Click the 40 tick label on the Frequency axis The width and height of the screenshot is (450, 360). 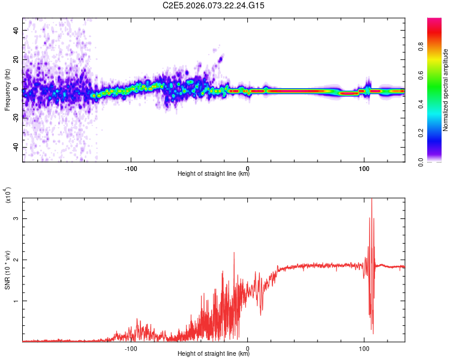tap(16, 30)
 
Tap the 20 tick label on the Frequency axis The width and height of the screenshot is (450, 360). tap(16, 59)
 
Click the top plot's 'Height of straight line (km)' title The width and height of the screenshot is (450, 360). tap(214, 174)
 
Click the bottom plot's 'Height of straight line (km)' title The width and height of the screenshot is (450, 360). tap(214, 354)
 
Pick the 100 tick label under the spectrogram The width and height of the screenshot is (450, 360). tap(364, 168)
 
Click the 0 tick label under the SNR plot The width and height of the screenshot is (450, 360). tap(248, 348)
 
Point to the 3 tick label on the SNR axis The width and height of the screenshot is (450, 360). tap(16, 218)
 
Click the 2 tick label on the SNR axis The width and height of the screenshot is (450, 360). tap(16, 260)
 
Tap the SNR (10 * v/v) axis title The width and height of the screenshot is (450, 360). tap(7, 270)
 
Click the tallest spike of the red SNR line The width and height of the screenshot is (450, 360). tap(371, 200)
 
